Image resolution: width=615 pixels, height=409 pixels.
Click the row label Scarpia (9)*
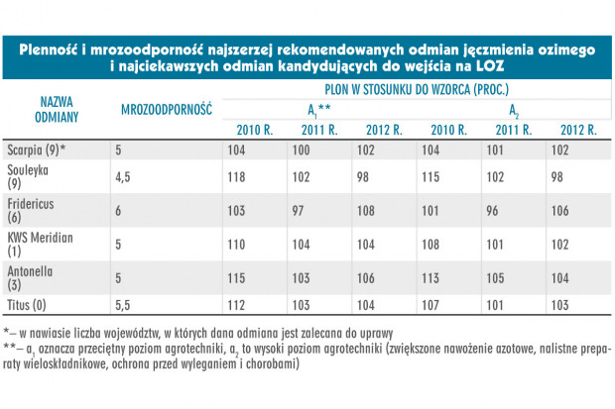(37, 151)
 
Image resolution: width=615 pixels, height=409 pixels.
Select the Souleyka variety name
(28, 176)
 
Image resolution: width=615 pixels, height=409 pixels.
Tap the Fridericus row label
(30, 210)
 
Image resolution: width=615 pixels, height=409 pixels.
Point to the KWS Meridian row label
(40, 244)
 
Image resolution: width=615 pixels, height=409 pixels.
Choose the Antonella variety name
(30, 277)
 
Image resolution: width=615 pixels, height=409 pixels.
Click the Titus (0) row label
(26, 305)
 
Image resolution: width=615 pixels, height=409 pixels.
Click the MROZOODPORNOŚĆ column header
(167, 109)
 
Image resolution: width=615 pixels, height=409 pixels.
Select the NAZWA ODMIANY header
(57, 109)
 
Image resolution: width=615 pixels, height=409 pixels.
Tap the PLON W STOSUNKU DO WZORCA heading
(417, 89)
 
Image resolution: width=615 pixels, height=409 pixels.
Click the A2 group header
(514, 111)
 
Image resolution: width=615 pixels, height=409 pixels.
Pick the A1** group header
(318, 111)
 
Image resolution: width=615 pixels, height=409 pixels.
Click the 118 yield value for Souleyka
(236, 177)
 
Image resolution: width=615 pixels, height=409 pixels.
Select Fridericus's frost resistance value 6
(118, 211)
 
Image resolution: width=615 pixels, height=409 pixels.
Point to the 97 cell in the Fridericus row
(298, 211)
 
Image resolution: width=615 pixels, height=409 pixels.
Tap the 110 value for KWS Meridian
(236, 245)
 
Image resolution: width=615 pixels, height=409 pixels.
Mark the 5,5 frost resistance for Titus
(122, 305)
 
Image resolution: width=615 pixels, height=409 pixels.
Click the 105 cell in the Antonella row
(495, 278)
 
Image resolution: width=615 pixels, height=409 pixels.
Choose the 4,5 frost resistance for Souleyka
(122, 177)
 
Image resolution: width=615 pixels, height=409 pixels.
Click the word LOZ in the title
(490, 65)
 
